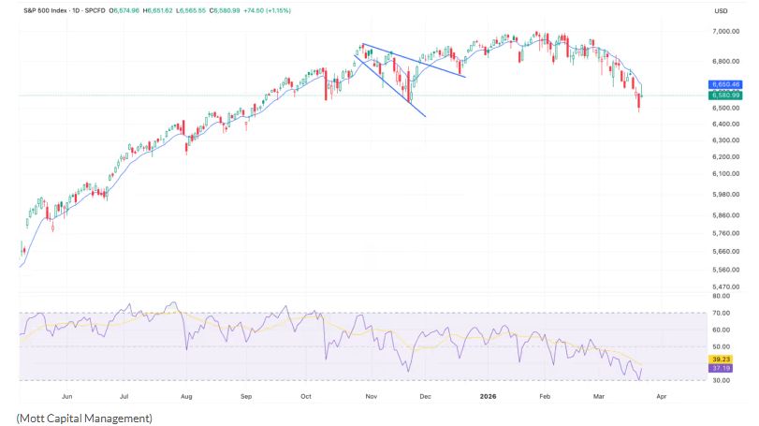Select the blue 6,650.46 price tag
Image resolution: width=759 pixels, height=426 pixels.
click(x=726, y=84)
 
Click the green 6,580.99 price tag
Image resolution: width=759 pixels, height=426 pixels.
click(x=726, y=95)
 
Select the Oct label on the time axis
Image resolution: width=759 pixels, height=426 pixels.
click(x=305, y=396)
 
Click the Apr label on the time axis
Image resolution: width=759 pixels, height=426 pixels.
click(x=662, y=396)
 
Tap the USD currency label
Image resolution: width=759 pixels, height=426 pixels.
click(x=721, y=10)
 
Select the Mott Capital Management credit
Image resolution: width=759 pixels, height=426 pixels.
click(x=83, y=417)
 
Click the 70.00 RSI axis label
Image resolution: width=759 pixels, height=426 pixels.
click(x=723, y=313)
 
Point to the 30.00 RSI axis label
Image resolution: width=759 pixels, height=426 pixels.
click(x=723, y=380)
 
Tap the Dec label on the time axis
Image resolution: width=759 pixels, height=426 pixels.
click(x=427, y=396)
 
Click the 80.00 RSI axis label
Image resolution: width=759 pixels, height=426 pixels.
click(x=723, y=296)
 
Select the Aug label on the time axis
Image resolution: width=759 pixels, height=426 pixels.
click(x=185, y=396)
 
